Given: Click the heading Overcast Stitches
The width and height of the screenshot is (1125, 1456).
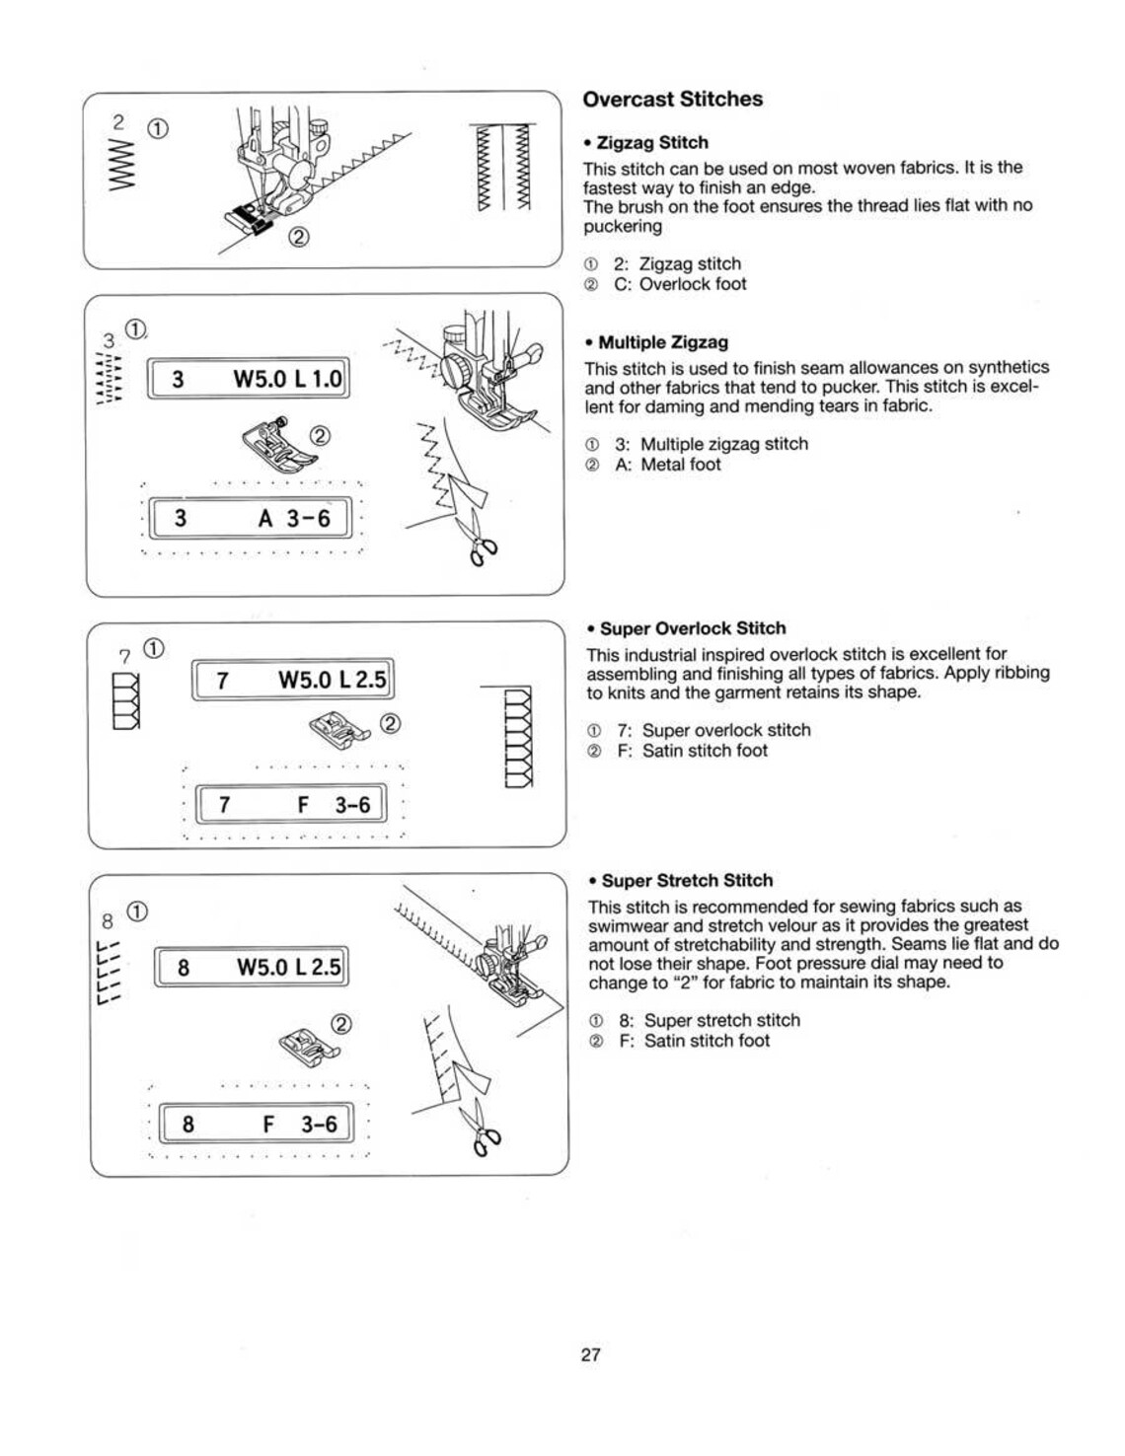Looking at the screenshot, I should pos(672,100).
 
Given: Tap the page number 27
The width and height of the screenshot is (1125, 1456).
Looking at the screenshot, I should pos(590,1354).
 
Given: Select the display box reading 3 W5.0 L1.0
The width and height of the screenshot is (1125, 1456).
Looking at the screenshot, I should pos(248,379).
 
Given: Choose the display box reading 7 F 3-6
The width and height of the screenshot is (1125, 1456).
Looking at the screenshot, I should pos(291,805).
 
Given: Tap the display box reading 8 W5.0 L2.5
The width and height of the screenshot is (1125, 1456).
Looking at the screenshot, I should pos(252,967).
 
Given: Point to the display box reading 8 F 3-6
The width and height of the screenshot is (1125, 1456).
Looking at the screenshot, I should pos(255,1124).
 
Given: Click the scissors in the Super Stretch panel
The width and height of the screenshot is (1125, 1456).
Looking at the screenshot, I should pos(484,1128).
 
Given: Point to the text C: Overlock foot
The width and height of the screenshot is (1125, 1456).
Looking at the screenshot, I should pos(680,284).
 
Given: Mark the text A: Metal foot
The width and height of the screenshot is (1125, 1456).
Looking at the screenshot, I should pos(667,465).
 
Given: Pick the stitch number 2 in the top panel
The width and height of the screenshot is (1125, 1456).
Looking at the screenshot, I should pos(119,122).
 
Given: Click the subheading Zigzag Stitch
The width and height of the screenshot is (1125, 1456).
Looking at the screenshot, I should pos(652,143).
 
